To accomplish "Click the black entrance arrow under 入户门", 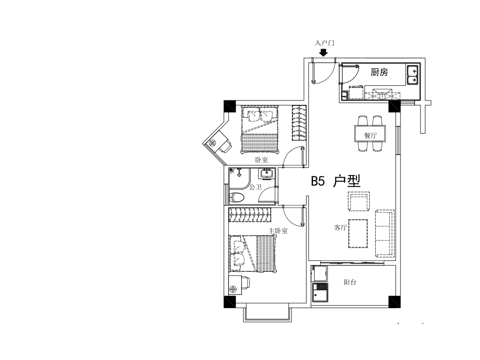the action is point(323,53).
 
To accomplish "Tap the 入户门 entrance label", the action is point(325,43).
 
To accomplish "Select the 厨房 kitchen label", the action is point(379,72).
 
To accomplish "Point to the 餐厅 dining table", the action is point(370,134).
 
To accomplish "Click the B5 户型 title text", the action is point(336,181).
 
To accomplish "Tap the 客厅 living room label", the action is point(340,227).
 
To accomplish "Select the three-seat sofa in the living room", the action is point(385,233).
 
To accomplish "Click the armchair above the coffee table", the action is point(358,201).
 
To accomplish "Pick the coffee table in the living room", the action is point(358,234).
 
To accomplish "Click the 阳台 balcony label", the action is point(350,282).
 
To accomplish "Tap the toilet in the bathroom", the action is point(236,198).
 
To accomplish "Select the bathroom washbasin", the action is point(267,174).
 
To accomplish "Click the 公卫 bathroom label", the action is point(255,187).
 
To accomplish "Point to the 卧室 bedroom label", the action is point(262,160).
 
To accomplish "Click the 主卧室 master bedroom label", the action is point(278,231).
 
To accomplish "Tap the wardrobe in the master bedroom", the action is point(250,215).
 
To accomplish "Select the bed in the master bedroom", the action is point(253,253).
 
